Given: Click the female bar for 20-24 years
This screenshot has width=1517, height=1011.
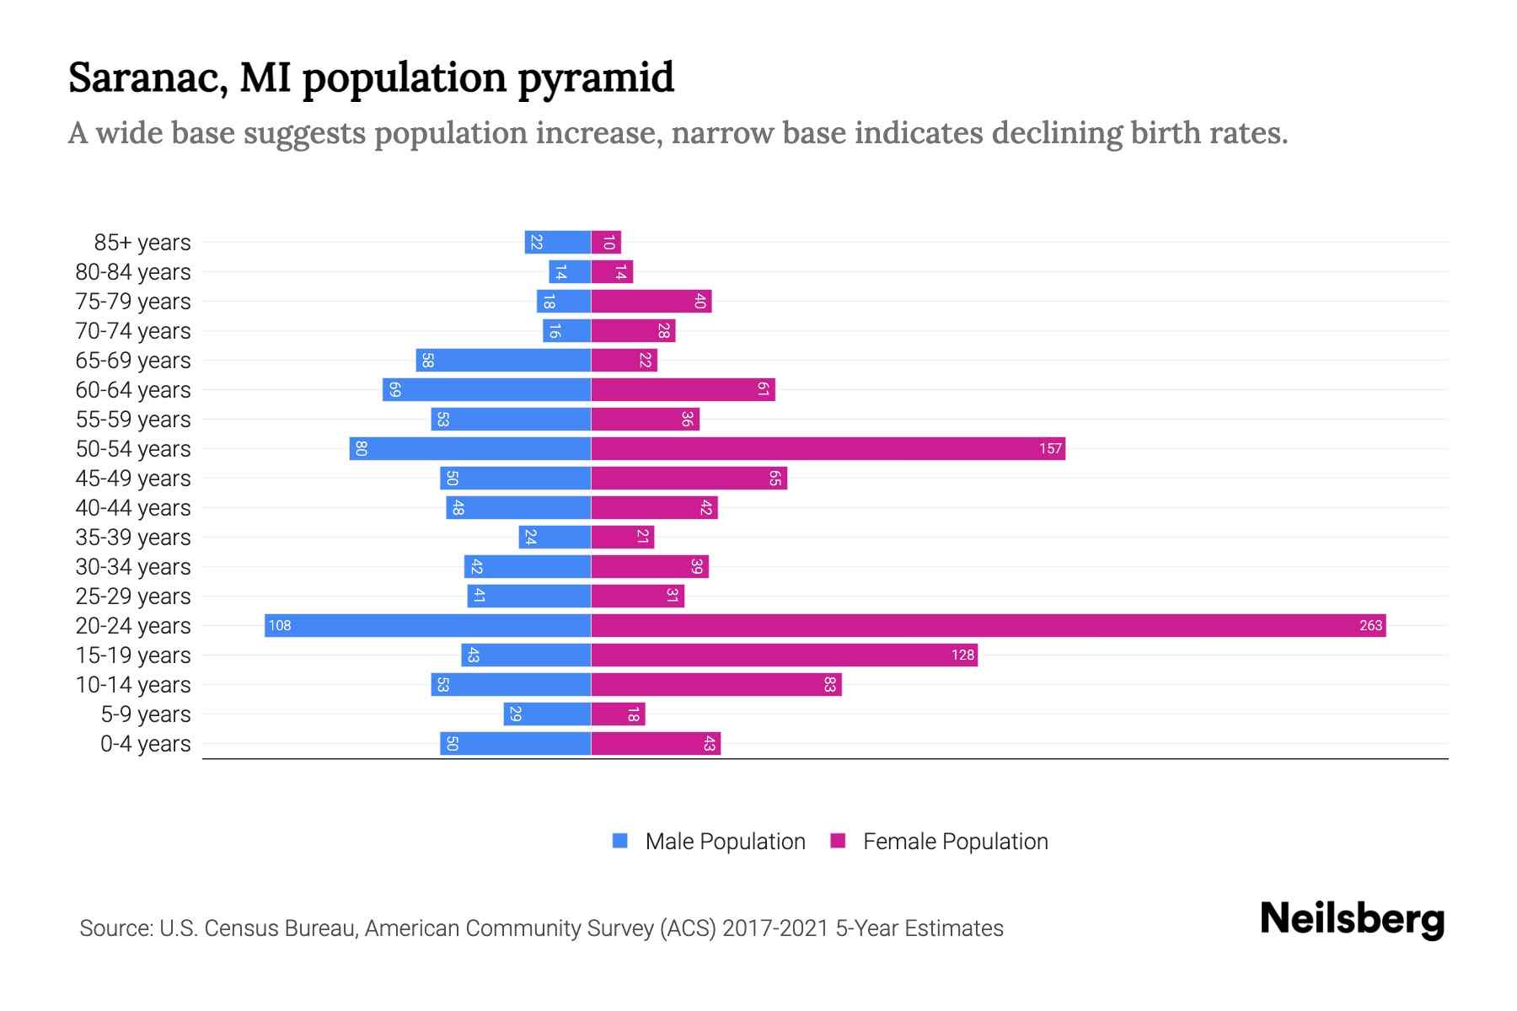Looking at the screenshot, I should [988, 625].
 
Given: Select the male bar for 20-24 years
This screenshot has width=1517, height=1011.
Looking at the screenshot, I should [427, 625].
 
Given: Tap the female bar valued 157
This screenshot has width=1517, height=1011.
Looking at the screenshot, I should [828, 448].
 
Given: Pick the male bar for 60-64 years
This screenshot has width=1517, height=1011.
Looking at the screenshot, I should [486, 389].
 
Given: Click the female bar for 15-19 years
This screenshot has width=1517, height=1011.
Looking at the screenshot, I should [784, 655].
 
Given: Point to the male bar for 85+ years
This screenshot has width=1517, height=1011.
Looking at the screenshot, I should [557, 242].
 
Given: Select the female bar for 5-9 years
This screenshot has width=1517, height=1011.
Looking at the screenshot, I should [618, 714].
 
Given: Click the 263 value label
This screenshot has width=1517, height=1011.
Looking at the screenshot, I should [1370, 625].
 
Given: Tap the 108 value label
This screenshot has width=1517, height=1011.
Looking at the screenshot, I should [280, 625].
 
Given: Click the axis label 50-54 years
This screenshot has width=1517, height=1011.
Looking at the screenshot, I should [133, 449].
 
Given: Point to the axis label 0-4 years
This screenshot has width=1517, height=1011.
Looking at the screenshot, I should [145, 744].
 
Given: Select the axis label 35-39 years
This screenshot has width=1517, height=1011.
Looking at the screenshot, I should [133, 538].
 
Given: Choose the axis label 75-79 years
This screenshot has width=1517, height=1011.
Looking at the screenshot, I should [133, 302].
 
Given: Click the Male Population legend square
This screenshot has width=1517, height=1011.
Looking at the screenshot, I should [620, 841].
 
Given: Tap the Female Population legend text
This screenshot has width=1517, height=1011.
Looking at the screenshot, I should [955, 842].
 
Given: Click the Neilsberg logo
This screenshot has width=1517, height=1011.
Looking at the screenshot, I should [1352, 919].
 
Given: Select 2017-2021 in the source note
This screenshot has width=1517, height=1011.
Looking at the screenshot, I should [775, 928].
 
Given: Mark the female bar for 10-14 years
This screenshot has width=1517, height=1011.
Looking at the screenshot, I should [716, 684].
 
